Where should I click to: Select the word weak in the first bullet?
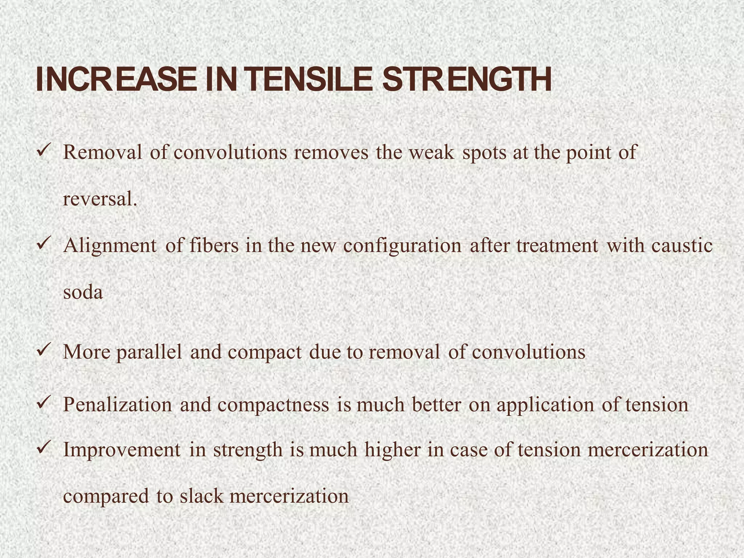[431, 153]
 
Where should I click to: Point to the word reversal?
[100, 199]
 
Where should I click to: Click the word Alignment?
[110, 246]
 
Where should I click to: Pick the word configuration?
[402, 246]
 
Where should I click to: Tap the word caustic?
[682, 246]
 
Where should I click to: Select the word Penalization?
[117, 405]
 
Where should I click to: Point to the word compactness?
[273, 405]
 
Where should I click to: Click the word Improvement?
[122, 450]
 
